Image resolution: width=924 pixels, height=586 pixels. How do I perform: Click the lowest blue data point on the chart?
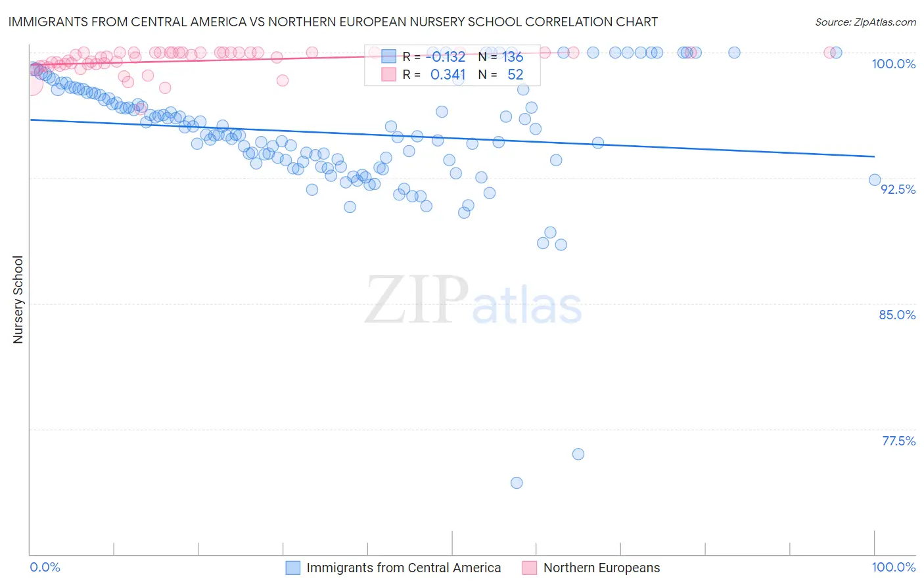pyautogui.click(x=517, y=483)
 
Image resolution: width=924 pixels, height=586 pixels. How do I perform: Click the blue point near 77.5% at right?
pyautogui.click(x=578, y=454)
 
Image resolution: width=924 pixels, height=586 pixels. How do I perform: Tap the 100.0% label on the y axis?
pyautogui.click(x=893, y=64)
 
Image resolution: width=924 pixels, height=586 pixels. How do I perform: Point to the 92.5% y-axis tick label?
pyautogui.click(x=898, y=189)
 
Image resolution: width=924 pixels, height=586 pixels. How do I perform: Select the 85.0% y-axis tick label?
pyautogui.click(x=897, y=315)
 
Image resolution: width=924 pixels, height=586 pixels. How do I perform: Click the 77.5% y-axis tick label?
pyautogui.click(x=898, y=441)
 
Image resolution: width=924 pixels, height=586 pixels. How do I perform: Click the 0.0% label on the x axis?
pyautogui.click(x=45, y=567)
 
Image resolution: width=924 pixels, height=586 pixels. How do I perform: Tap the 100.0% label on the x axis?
pyautogui.click(x=893, y=567)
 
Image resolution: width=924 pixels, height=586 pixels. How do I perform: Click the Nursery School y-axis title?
pyautogui.click(x=18, y=300)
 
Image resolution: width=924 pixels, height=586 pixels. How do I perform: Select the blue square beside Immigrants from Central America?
pyautogui.click(x=293, y=568)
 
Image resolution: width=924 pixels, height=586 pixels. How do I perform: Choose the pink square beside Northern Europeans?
pyautogui.click(x=530, y=568)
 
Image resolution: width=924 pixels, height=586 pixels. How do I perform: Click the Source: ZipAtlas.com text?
pyautogui.click(x=865, y=22)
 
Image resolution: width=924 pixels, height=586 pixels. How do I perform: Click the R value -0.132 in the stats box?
pyautogui.click(x=448, y=56)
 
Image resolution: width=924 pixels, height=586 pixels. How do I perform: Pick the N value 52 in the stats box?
pyautogui.click(x=515, y=75)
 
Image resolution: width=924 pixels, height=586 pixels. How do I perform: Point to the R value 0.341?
pyautogui.click(x=448, y=75)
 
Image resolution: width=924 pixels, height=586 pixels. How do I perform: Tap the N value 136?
pyautogui.click(x=513, y=56)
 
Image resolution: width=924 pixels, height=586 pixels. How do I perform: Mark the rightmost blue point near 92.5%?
pyautogui.click(x=875, y=180)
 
